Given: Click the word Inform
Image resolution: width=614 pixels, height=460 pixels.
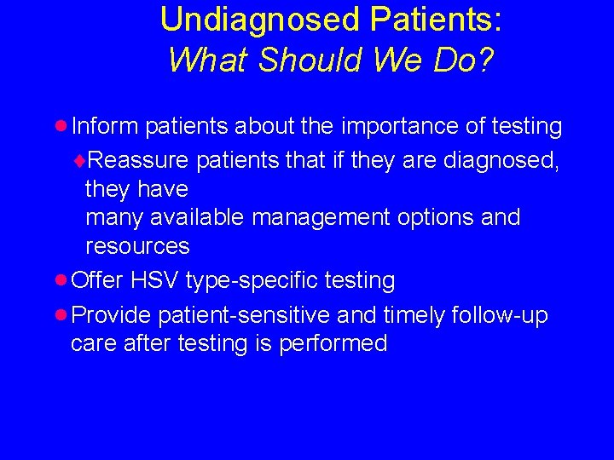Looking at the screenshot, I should point(106,127).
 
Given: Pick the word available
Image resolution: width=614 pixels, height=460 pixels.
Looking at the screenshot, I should point(197,217).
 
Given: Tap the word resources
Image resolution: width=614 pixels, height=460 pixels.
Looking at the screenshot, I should point(137,247).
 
